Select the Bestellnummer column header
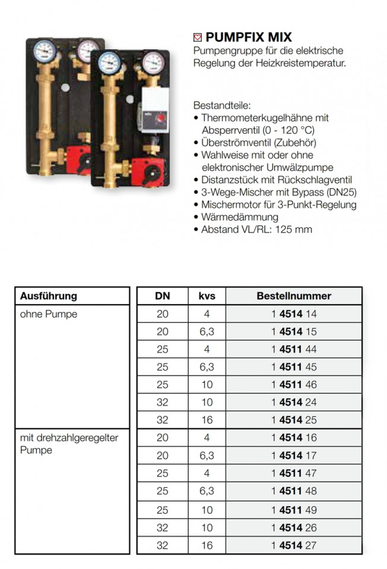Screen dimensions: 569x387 294,296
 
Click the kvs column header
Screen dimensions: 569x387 207,296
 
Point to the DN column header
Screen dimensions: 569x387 163,296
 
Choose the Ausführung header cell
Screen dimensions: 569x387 49,296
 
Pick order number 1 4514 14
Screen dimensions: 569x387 294,314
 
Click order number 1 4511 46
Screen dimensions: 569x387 294,385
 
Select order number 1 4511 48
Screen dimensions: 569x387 294,491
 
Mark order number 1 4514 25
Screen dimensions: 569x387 294,420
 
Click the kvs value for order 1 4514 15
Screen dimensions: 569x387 207,332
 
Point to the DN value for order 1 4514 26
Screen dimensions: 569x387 163,526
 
